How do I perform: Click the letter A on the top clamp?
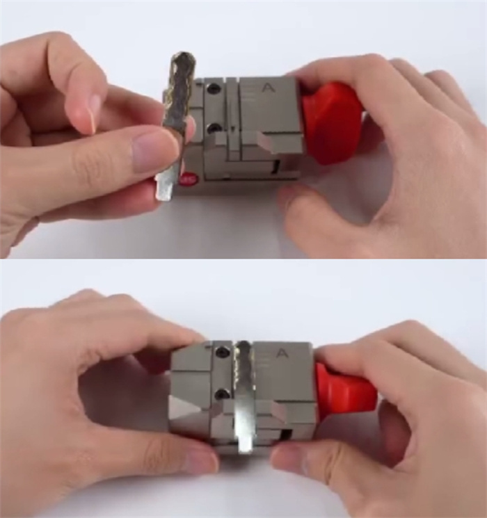pos(267,88)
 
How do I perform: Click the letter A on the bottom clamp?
pos(282,353)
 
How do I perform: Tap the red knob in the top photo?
pos(333,122)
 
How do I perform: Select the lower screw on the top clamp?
pos(214,128)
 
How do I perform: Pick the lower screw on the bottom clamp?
pos(222,394)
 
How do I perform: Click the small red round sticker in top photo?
pos(188,179)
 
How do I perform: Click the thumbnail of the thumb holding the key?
pos(156,149)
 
